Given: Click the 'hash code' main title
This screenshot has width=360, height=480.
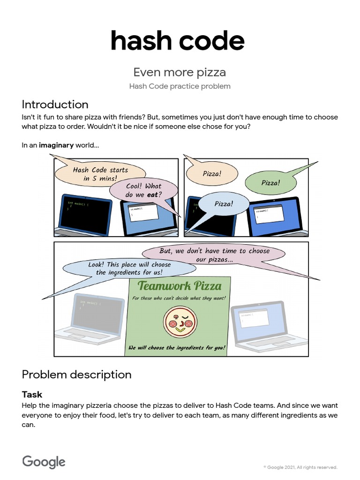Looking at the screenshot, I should [x=177, y=41].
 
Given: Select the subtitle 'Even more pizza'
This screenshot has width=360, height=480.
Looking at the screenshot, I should [x=180, y=72].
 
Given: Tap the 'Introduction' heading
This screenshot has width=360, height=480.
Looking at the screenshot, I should [x=55, y=104].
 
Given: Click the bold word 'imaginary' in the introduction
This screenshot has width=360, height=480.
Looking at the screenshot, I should [x=56, y=145].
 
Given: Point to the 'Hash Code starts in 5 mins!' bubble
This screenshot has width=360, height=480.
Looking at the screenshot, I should [x=99, y=174].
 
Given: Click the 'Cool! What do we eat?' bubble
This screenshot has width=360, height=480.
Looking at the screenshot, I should [x=143, y=190].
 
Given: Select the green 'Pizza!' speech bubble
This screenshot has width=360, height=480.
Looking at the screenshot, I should [x=270, y=182].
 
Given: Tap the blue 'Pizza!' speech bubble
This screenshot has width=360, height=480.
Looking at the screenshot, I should [x=223, y=204].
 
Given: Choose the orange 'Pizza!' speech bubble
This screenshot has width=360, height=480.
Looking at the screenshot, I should [x=212, y=173].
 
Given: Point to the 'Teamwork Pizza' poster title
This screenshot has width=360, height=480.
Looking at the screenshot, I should [x=180, y=285].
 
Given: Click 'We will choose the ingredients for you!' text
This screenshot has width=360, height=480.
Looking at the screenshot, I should [x=177, y=348].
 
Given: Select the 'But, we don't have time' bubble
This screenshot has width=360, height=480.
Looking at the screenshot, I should [x=214, y=255].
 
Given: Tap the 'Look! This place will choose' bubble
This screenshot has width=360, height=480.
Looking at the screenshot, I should [x=129, y=269].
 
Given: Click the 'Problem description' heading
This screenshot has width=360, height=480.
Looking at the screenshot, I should [x=76, y=375].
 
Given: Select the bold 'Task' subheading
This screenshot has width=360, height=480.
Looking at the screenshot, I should [x=32, y=395].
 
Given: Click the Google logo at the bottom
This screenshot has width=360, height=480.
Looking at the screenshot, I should [x=44, y=462].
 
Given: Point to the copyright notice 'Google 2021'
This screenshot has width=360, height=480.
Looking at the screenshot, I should [x=300, y=467].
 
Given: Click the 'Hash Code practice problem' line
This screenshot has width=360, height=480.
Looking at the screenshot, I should [x=180, y=86].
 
